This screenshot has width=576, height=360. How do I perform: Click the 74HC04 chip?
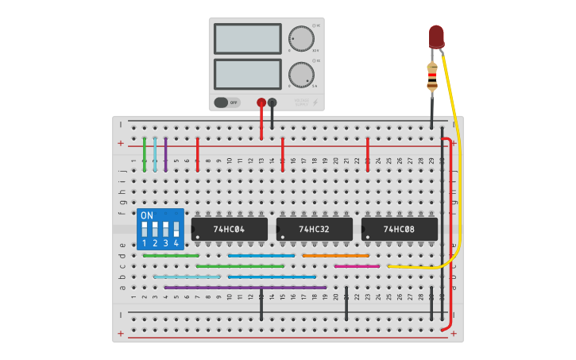coord(229,229)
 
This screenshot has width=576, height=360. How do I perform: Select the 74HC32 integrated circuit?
coord(314,229)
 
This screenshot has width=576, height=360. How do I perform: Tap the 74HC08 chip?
coord(399,229)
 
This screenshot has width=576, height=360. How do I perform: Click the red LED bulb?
coord(436,36)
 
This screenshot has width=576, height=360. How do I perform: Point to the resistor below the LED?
coord(432,76)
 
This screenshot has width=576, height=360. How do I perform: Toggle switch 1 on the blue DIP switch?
coord(145,231)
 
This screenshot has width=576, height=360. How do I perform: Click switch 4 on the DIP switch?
coord(176,231)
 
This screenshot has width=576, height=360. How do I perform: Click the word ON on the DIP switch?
coord(146,215)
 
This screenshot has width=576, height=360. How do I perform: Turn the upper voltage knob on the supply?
coord(301,39)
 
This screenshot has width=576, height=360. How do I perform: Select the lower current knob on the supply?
coord(301,75)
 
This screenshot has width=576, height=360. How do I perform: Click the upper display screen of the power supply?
coord(247,38)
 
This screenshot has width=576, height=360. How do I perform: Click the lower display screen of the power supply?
coord(247,74)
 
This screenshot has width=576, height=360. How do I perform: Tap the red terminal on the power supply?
coord(261,103)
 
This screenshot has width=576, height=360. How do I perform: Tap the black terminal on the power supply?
coord(273,103)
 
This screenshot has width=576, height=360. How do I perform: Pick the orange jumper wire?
coord(335,256)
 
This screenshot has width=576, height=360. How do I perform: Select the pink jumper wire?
coord(357,266)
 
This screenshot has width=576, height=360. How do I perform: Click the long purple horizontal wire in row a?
coord(245,287)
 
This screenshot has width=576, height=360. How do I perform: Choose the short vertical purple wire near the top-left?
coord(166,155)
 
